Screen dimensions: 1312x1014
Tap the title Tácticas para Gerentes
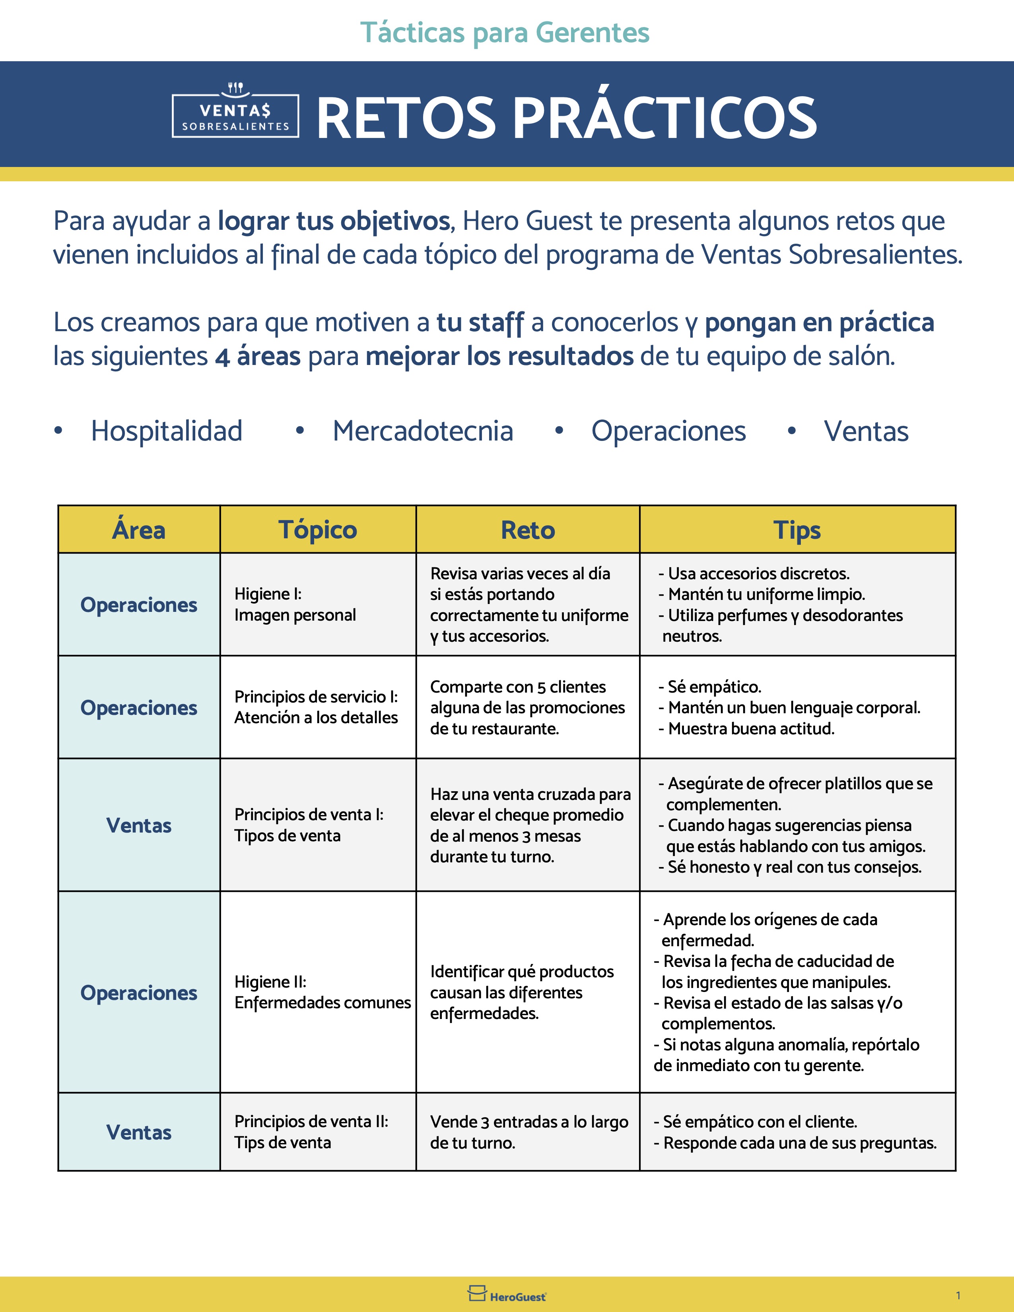pyautogui.click(x=505, y=33)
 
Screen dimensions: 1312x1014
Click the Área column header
pyautogui.click(x=139, y=530)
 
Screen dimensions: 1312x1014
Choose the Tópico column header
pyautogui.click(x=318, y=530)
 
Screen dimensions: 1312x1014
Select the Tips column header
pyautogui.click(x=797, y=530)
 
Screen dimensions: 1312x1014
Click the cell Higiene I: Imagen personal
pyautogui.click(x=295, y=604)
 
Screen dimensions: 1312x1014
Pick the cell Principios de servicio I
pyautogui.click(x=316, y=707)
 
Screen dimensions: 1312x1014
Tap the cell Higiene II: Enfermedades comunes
pyautogui.click(x=322, y=992)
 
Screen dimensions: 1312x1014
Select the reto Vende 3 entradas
pyautogui.click(x=528, y=1132)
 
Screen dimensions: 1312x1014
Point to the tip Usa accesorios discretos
pyautogui.click(x=758, y=574)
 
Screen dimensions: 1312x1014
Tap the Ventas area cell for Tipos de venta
pyautogui.click(x=139, y=825)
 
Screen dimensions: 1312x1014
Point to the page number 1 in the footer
pyautogui.click(x=958, y=1295)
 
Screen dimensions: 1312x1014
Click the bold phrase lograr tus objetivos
pyautogui.click(x=333, y=221)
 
